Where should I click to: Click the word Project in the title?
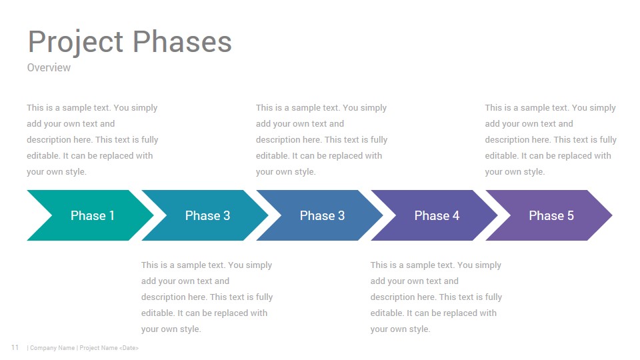(x=75, y=42)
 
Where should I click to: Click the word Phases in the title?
(x=182, y=41)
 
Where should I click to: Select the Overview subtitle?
(x=49, y=67)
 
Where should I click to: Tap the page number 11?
(x=15, y=347)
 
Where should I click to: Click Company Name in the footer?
(x=52, y=348)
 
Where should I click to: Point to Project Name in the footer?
(x=99, y=348)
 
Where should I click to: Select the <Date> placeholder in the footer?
(x=129, y=348)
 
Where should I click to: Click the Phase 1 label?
(x=92, y=215)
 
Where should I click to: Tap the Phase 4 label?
(x=437, y=215)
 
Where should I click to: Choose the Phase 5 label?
(x=551, y=215)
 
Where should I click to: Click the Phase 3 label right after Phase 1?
(x=207, y=215)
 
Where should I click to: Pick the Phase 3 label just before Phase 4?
(x=322, y=215)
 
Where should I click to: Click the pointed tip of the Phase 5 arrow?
(x=612, y=215)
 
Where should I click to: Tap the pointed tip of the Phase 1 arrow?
(x=153, y=215)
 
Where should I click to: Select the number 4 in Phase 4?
(x=456, y=215)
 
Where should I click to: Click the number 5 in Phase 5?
(x=571, y=215)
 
